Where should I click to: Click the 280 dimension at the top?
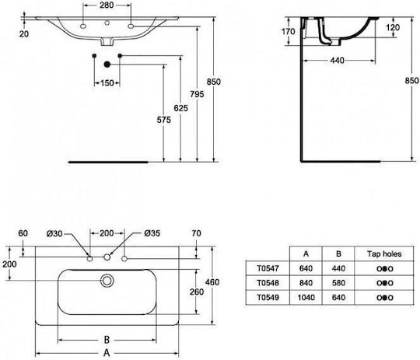(x=107, y=5)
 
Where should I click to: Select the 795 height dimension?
(x=197, y=94)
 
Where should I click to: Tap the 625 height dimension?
(x=180, y=108)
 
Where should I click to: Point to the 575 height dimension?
(x=163, y=120)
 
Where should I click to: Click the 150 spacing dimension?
(x=107, y=82)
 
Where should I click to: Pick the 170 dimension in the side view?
(x=289, y=31)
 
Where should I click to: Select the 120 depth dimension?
(x=393, y=27)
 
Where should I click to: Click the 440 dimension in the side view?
(x=337, y=61)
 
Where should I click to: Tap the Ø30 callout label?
(x=54, y=233)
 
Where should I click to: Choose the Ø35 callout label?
(x=152, y=233)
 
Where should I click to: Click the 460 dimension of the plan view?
(x=212, y=281)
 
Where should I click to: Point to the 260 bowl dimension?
(x=197, y=292)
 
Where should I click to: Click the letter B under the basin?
(x=107, y=340)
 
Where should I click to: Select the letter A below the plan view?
(x=107, y=353)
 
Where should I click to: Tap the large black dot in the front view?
(x=107, y=65)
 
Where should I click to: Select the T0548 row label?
(x=268, y=283)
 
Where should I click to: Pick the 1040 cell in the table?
(x=306, y=297)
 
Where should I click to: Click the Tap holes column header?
(x=384, y=253)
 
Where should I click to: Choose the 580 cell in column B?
(x=338, y=283)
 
